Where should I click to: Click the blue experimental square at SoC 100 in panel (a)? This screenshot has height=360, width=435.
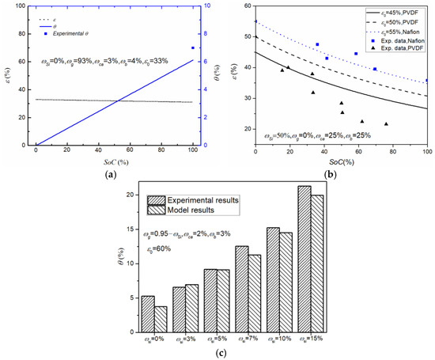click(193, 48)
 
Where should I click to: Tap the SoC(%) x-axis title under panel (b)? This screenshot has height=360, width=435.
click(341, 161)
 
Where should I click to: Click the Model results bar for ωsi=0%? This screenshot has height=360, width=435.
click(160, 319)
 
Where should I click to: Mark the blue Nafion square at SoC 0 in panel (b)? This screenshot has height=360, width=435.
click(255, 22)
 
